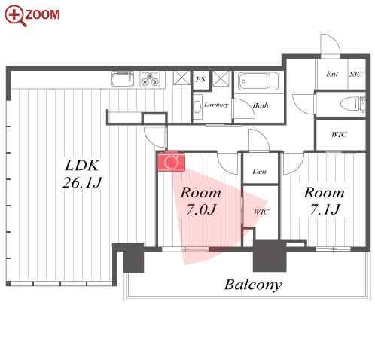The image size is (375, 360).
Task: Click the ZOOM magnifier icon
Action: pyautogui.click(x=16, y=15)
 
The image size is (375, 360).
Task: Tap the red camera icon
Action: pyautogui.click(x=171, y=162)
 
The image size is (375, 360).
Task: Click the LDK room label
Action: pyautogui.click(x=82, y=166)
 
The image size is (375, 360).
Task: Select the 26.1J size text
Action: pyautogui.click(x=82, y=182)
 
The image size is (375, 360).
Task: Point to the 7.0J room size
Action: pyautogui.click(x=201, y=209)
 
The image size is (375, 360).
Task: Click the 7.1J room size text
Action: pyautogui.click(x=324, y=209)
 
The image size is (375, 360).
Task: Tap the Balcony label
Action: pyautogui.click(x=253, y=285)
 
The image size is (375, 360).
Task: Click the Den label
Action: pyautogui.click(x=259, y=172)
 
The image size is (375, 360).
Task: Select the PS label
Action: pyautogui.click(x=200, y=79)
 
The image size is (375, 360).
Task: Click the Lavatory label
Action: pyautogui.click(x=216, y=105)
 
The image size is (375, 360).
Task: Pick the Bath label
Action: pyautogui.click(x=261, y=105)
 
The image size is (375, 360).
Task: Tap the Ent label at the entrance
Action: pyautogui.click(x=332, y=74)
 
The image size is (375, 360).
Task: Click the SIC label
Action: pyautogui.click(x=356, y=74)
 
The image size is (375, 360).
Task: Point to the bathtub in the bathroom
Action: pyautogui.click(x=258, y=81)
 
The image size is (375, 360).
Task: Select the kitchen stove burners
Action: pyautogui.click(x=150, y=79)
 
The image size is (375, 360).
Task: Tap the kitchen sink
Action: pyautogui.click(x=123, y=79)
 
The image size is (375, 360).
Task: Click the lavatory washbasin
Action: pyautogui.click(x=198, y=107)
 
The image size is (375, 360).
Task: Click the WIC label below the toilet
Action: pyautogui.click(x=339, y=135)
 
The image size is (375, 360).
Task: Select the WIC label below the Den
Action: pyautogui.click(x=261, y=212)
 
